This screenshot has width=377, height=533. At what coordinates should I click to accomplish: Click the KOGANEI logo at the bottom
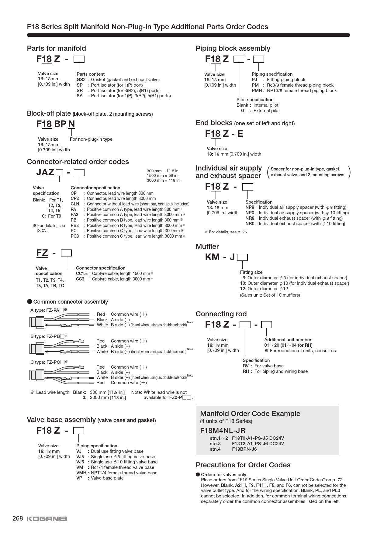click(47, 519)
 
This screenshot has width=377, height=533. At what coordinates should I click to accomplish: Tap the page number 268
click(18, 518)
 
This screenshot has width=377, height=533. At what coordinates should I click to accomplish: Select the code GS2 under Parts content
click(81, 80)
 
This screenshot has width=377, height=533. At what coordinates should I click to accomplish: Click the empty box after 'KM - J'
click(242, 258)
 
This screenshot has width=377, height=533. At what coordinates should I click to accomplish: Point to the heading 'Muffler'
click(207, 246)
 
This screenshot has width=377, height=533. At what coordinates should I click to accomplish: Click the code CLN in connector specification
click(75, 204)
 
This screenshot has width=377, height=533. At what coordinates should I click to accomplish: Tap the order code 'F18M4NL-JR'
click(223, 431)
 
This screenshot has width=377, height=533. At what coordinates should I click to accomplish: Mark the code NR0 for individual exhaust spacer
click(251, 224)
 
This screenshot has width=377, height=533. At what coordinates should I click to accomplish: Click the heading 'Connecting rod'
click(221, 314)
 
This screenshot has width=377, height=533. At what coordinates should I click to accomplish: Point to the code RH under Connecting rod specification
click(246, 371)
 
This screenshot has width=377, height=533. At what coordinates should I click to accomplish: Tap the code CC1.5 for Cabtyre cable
click(81, 273)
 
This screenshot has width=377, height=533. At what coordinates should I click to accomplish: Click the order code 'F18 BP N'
click(56, 124)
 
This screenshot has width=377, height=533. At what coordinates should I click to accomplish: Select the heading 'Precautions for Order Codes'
click(243, 465)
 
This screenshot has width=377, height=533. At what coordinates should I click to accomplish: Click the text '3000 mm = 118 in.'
click(164, 181)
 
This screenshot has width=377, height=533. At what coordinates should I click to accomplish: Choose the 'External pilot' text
click(266, 111)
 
